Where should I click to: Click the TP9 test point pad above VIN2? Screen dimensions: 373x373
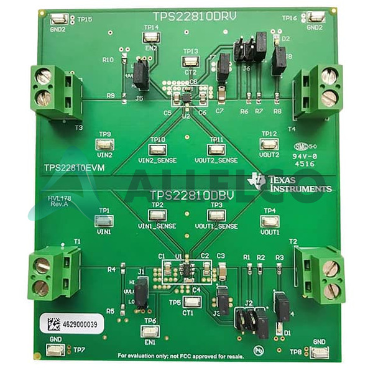click(104, 144)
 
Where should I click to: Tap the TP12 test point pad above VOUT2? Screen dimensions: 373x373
click(269, 144)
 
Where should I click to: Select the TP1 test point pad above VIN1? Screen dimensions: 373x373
click(103, 221)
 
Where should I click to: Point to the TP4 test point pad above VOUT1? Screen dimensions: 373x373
click(269, 221)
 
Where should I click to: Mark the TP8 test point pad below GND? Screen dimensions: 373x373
click(320, 352)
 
